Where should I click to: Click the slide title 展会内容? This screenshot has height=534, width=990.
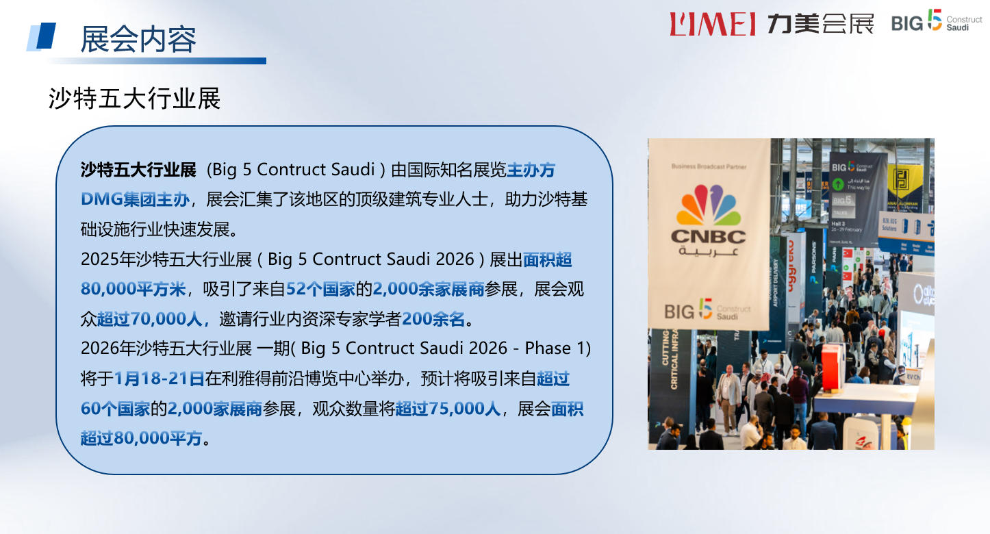click(x=138, y=39)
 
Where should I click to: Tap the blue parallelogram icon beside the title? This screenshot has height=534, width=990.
click(x=42, y=36)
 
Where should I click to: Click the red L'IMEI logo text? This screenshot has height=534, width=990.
click(x=712, y=23)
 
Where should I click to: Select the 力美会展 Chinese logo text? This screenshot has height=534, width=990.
click(x=820, y=23)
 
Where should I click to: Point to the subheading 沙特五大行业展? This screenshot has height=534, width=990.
click(x=135, y=99)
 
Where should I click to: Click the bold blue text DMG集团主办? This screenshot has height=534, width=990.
click(x=135, y=199)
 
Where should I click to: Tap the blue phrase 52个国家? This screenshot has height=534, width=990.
click(x=320, y=288)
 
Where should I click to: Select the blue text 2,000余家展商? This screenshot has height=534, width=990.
click(x=428, y=288)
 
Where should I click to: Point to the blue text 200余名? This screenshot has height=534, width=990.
click(x=433, y=318)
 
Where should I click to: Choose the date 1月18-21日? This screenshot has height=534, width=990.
click(x=160, y=378)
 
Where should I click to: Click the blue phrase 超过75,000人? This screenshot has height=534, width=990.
click(x=448, y=409)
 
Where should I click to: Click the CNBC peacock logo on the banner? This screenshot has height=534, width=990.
click(x=709, y=205)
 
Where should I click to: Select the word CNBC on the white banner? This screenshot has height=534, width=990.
click(x=708, y=237)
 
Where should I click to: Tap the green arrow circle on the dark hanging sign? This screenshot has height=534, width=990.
click(x=837, y=184)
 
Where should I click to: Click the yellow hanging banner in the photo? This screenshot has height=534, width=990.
click(x=904, y=185)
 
